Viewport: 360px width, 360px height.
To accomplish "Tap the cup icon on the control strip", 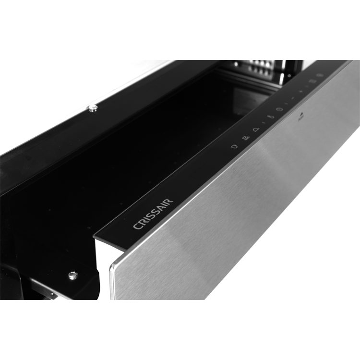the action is coord(234,146).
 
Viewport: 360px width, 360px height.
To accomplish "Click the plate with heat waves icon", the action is coord(245,138).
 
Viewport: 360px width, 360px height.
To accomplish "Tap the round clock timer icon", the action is coord(279,109).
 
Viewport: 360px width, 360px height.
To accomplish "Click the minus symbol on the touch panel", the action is coord(293,98).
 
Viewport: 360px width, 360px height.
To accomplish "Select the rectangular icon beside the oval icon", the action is coord(311,81).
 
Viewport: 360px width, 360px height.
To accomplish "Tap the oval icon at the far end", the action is coord(319,75).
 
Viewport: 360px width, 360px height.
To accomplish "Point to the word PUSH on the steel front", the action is coord(300,119).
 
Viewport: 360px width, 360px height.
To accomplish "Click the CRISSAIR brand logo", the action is coord(153,214).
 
